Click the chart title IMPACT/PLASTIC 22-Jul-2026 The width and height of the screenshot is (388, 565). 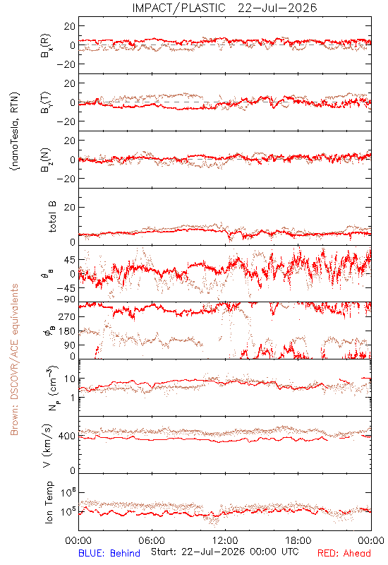224,8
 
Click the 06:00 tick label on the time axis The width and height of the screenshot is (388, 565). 152,540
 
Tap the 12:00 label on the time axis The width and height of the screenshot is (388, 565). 225,540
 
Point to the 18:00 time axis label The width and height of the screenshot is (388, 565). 298,540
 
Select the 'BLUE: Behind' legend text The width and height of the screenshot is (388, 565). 109,553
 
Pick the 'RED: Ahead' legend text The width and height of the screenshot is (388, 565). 344,553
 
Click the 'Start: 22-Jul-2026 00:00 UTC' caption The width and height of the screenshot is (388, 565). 225,552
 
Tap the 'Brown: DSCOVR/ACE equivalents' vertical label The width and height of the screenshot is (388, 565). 14,359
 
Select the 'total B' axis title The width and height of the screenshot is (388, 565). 52,217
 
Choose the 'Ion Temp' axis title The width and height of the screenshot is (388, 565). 49,502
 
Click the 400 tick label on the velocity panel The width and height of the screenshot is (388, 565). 67,436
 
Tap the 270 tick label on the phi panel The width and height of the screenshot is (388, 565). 67,317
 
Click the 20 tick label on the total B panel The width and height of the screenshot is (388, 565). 70,207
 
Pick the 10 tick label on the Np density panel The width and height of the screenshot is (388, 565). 70,379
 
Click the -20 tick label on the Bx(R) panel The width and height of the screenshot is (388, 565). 66,64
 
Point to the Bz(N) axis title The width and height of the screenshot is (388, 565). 46,160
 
